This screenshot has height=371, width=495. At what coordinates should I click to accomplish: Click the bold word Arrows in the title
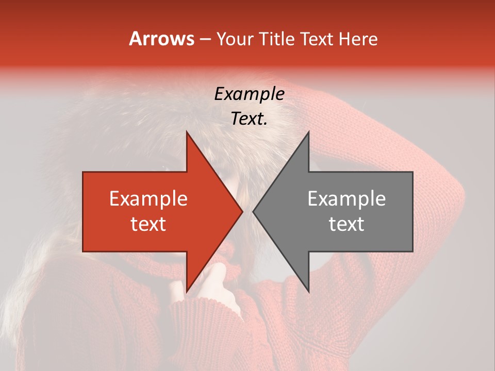[x=161, y=39]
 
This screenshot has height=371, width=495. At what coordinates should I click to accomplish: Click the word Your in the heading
[x=235, y=39]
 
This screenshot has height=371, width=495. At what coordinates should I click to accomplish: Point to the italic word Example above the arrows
[x=249, y=94]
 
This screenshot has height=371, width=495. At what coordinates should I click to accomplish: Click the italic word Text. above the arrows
[x=249, y=119]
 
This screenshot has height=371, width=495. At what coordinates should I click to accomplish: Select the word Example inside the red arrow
[x=148, y=198]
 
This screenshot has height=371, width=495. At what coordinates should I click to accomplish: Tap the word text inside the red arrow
[x=148, y=224]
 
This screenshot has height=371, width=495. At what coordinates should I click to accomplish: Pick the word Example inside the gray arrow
[x=346, y=198]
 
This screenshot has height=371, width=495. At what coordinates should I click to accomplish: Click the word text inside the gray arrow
[x=346, y=224]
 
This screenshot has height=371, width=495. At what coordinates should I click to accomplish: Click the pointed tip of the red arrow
[x=242, y=212]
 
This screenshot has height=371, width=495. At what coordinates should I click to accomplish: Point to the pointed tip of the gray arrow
[x=253, y=212]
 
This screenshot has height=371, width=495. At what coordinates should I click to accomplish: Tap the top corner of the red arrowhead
[x=187, y=132]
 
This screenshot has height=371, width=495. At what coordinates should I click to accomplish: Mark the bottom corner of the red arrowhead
[x=187, y=291]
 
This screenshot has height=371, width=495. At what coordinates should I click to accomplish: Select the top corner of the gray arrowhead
[x=308, y=132]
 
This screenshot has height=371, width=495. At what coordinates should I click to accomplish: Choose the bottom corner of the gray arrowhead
[x=308, y=291]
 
